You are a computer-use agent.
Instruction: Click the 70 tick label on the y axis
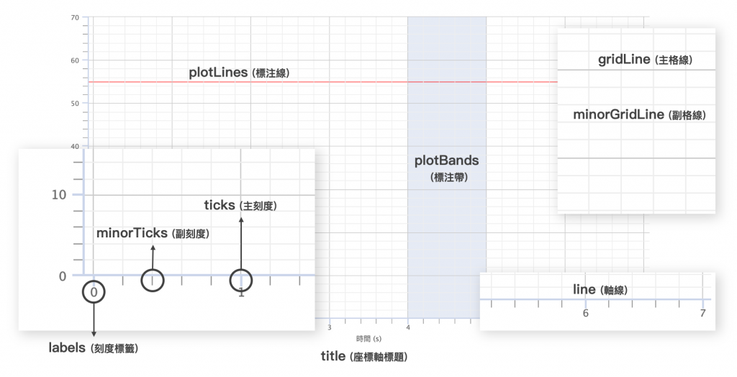point(75,17)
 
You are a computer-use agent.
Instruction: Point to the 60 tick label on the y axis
point(75,60)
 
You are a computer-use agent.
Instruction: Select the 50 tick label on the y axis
point(75,104)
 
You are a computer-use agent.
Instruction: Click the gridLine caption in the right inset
point(644,60)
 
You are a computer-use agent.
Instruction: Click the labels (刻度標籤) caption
point(93,348)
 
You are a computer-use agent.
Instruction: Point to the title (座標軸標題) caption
point(368,357)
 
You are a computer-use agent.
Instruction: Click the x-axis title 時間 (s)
point(368,337)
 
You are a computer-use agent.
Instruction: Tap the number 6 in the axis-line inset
point(585,314)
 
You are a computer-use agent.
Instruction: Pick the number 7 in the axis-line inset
point(702,314)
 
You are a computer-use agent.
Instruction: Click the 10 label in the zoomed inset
point(59,195)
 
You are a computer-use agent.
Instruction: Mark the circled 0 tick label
point(94,292)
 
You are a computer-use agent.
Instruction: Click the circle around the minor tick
point(153,280)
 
